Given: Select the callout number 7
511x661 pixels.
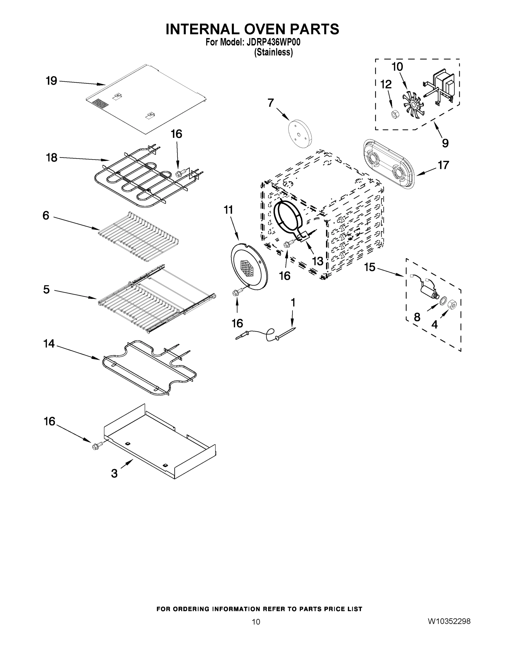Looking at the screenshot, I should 271,103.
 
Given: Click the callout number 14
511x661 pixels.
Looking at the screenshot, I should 49,343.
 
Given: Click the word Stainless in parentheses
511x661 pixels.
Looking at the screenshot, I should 273,52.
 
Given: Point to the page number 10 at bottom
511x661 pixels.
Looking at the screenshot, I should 256,622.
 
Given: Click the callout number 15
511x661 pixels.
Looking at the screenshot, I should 370,267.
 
